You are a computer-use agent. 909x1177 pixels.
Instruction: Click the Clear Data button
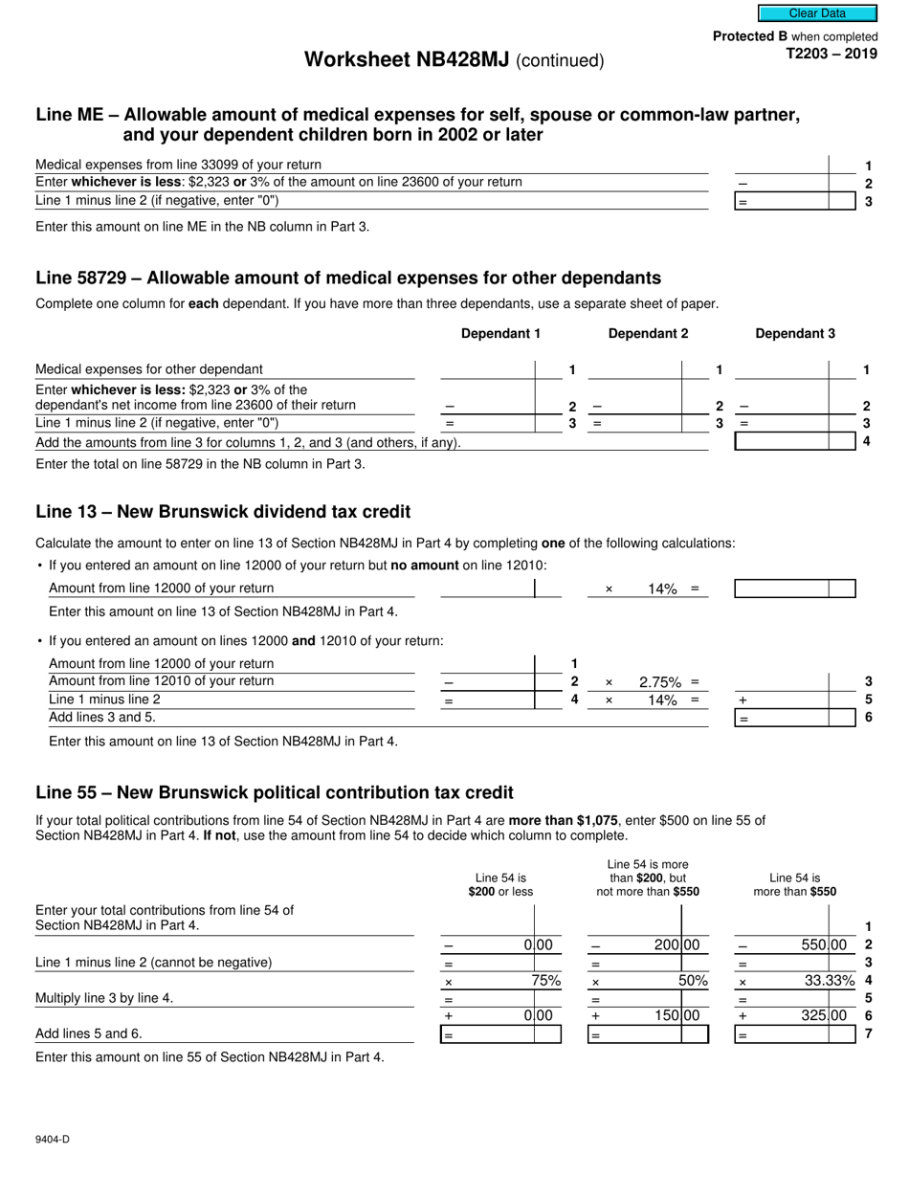[x=817, y=13]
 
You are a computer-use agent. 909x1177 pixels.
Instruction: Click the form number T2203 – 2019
[x=831, y=54]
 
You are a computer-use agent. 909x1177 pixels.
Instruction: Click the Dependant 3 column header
[x=795, y=334]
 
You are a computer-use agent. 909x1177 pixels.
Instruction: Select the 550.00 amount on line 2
[x=824, y=945]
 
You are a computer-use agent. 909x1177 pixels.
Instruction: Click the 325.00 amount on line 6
[x=824, y=1016]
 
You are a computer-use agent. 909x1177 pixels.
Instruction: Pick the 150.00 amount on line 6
[x=676, y=1016]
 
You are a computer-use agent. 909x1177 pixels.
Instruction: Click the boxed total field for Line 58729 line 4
[x=794, y=442]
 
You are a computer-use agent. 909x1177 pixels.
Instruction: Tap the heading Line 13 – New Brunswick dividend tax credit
[x=223, y=512]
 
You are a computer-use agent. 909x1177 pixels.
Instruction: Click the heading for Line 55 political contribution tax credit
[x=275, y=792]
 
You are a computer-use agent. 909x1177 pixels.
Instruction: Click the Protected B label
[x=743, y=36]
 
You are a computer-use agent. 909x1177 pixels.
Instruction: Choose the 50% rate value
[x=693, y=981]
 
